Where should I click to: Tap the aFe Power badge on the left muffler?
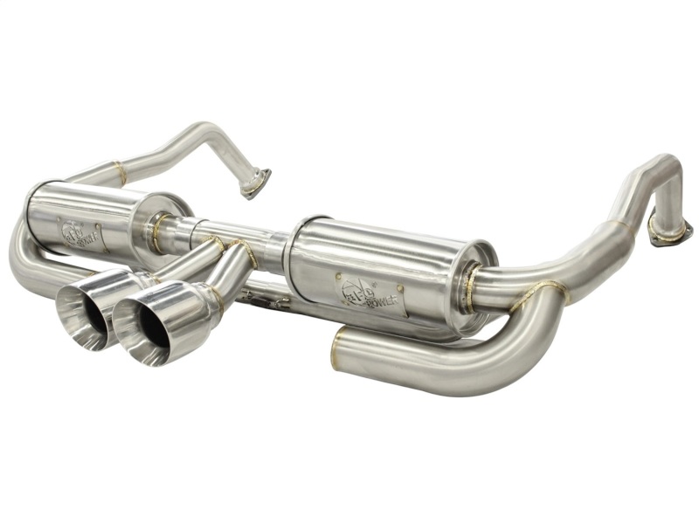pos(80,234)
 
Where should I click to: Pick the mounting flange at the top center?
pos(256,183)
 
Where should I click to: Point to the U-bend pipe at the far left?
pos(22,253)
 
